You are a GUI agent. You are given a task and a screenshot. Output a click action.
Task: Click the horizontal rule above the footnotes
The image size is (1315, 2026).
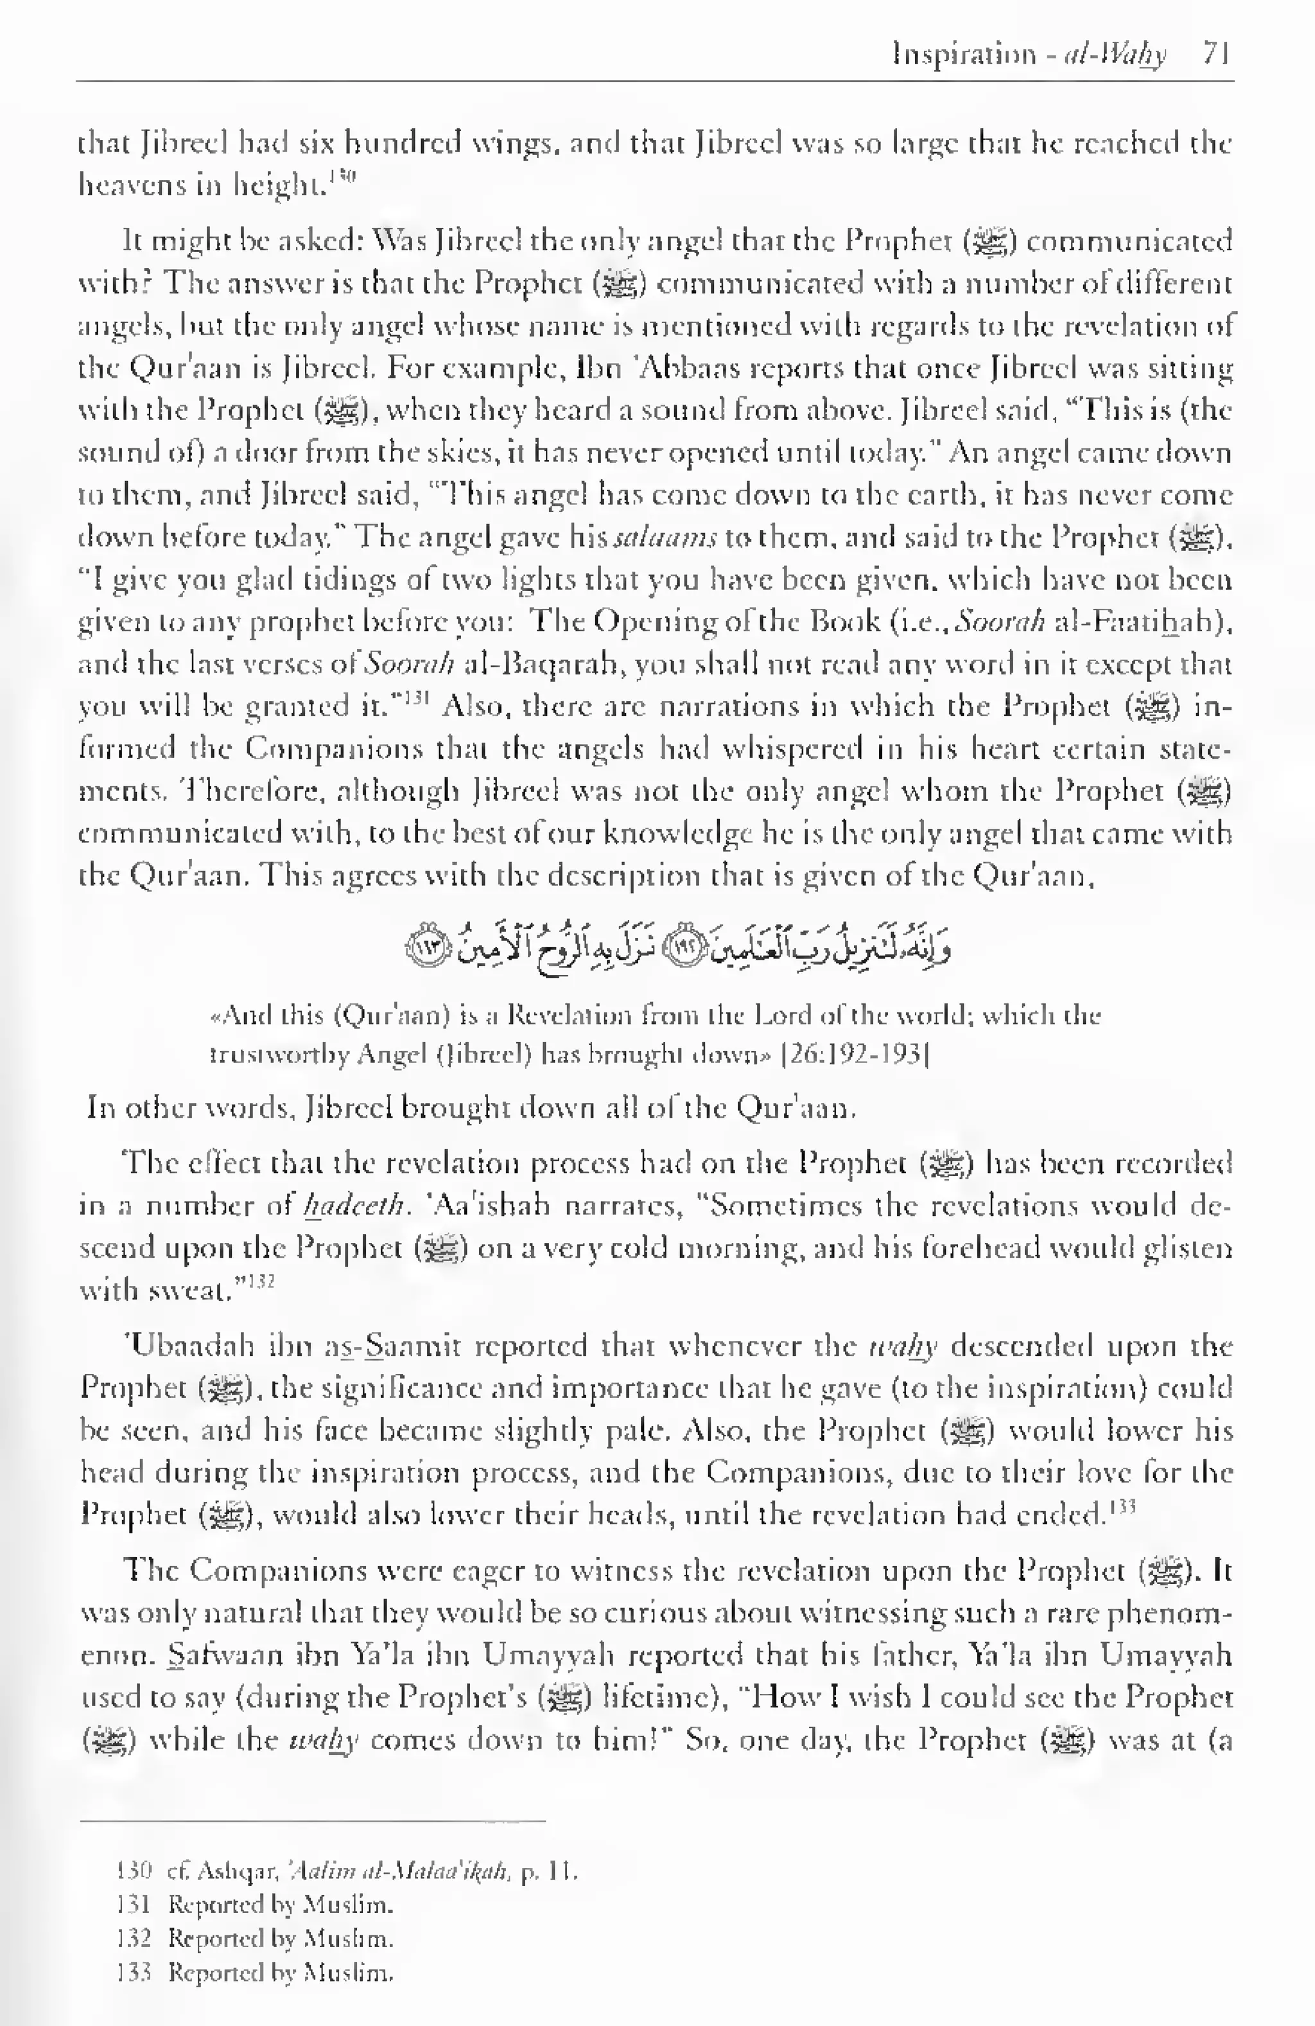coord(311,1822)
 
